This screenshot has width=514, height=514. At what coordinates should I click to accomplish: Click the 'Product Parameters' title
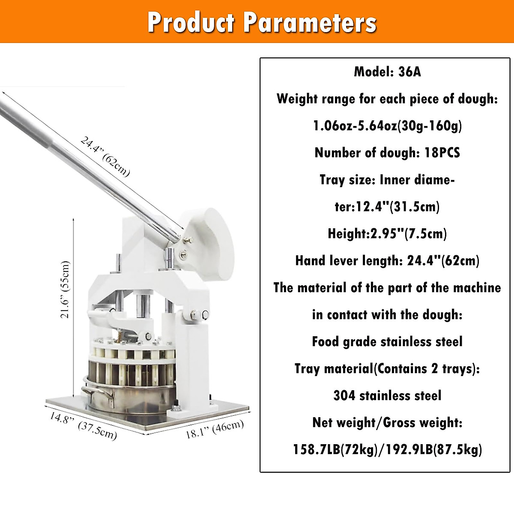(262, 22)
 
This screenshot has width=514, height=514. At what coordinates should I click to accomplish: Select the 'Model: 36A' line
(387, 72)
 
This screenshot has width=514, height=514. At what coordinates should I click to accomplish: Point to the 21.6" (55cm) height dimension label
(65, 289)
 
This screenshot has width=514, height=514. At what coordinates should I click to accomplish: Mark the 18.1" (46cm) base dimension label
(215, 429)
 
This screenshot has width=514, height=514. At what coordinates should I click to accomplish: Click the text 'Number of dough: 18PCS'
(387, 153)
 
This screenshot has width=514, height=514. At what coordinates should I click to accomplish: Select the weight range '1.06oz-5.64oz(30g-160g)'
(387, 126)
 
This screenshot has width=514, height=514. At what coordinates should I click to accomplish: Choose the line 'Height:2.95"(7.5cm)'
(387, 234)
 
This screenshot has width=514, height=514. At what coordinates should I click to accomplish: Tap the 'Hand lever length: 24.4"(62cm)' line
(387, 261)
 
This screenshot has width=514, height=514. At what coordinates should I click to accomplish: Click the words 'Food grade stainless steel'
(387, 342)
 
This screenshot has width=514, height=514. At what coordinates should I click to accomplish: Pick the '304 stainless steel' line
(387, 396)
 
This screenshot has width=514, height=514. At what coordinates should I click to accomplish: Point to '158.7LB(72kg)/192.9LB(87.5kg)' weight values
(387, 450)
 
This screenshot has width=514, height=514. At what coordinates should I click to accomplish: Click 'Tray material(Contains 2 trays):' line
(387, 369)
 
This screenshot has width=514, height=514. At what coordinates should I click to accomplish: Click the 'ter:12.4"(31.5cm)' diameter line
(387, 207)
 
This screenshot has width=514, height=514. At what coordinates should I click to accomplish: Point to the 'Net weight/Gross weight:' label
(387, 423)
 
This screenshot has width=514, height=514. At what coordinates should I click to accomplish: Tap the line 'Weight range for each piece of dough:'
(387, 99)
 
